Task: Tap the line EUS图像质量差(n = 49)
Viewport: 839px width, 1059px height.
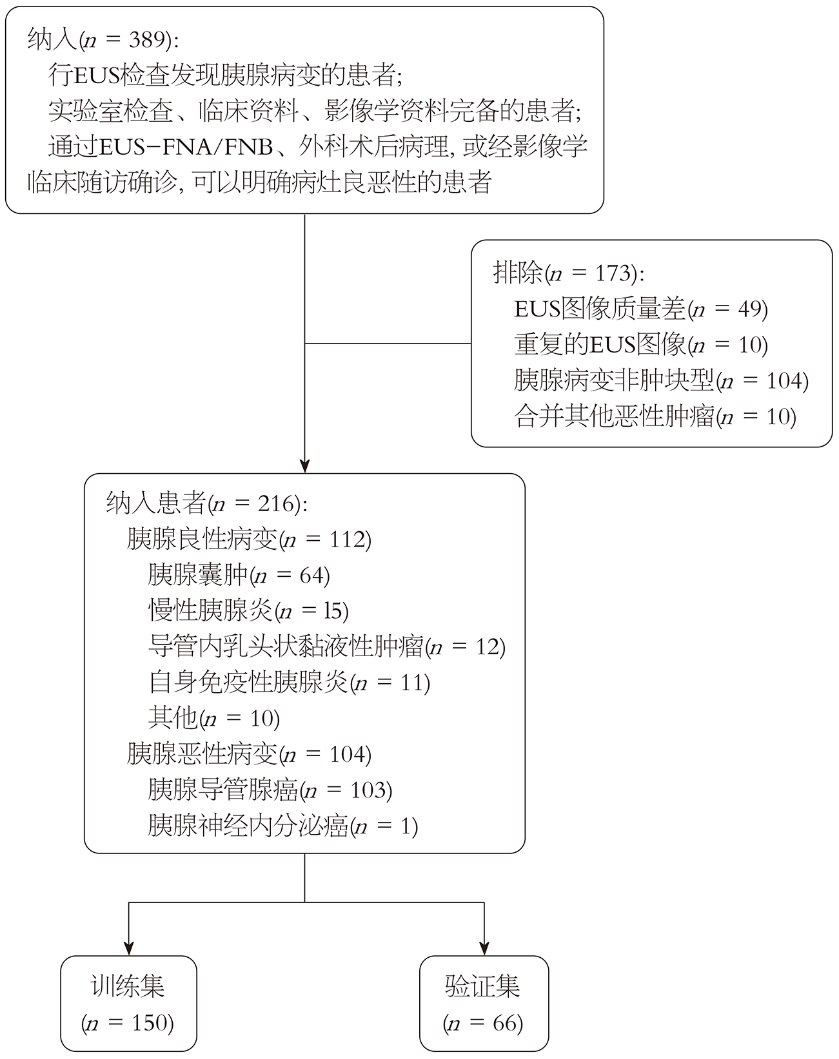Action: (x=641, y=309)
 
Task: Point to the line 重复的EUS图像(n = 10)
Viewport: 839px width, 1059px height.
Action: (x=641, y=345)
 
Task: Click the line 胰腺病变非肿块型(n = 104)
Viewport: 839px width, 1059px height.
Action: (x=661, y=381)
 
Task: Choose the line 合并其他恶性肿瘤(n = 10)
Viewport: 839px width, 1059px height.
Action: (x=655, y=416)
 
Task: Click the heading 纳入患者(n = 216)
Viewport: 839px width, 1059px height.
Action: (x=207, y=503)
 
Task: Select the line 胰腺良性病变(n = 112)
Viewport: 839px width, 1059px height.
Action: (x=249, y=539)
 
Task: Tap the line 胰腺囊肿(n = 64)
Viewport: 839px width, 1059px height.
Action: (x=239, y=575)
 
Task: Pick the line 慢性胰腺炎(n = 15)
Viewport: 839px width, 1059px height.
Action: (x=248, y=610)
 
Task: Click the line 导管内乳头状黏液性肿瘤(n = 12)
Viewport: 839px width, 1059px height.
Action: (x=326, y=646)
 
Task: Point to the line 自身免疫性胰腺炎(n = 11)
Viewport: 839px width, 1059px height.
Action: (x=289, y=682)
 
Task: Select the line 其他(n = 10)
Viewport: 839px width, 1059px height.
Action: (x=213, y=718)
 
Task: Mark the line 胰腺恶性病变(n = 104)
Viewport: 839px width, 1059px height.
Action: (x=249, y=753)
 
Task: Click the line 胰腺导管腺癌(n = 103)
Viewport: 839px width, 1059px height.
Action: (x=270, y=790)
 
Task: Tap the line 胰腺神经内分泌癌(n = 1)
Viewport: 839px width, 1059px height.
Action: (x=282, y=825)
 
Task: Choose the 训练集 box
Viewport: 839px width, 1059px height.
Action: (x=128, y=1004)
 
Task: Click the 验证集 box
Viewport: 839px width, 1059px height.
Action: (x=484, y=1004)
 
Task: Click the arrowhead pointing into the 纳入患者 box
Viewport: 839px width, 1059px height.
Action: (x=304, y=465)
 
